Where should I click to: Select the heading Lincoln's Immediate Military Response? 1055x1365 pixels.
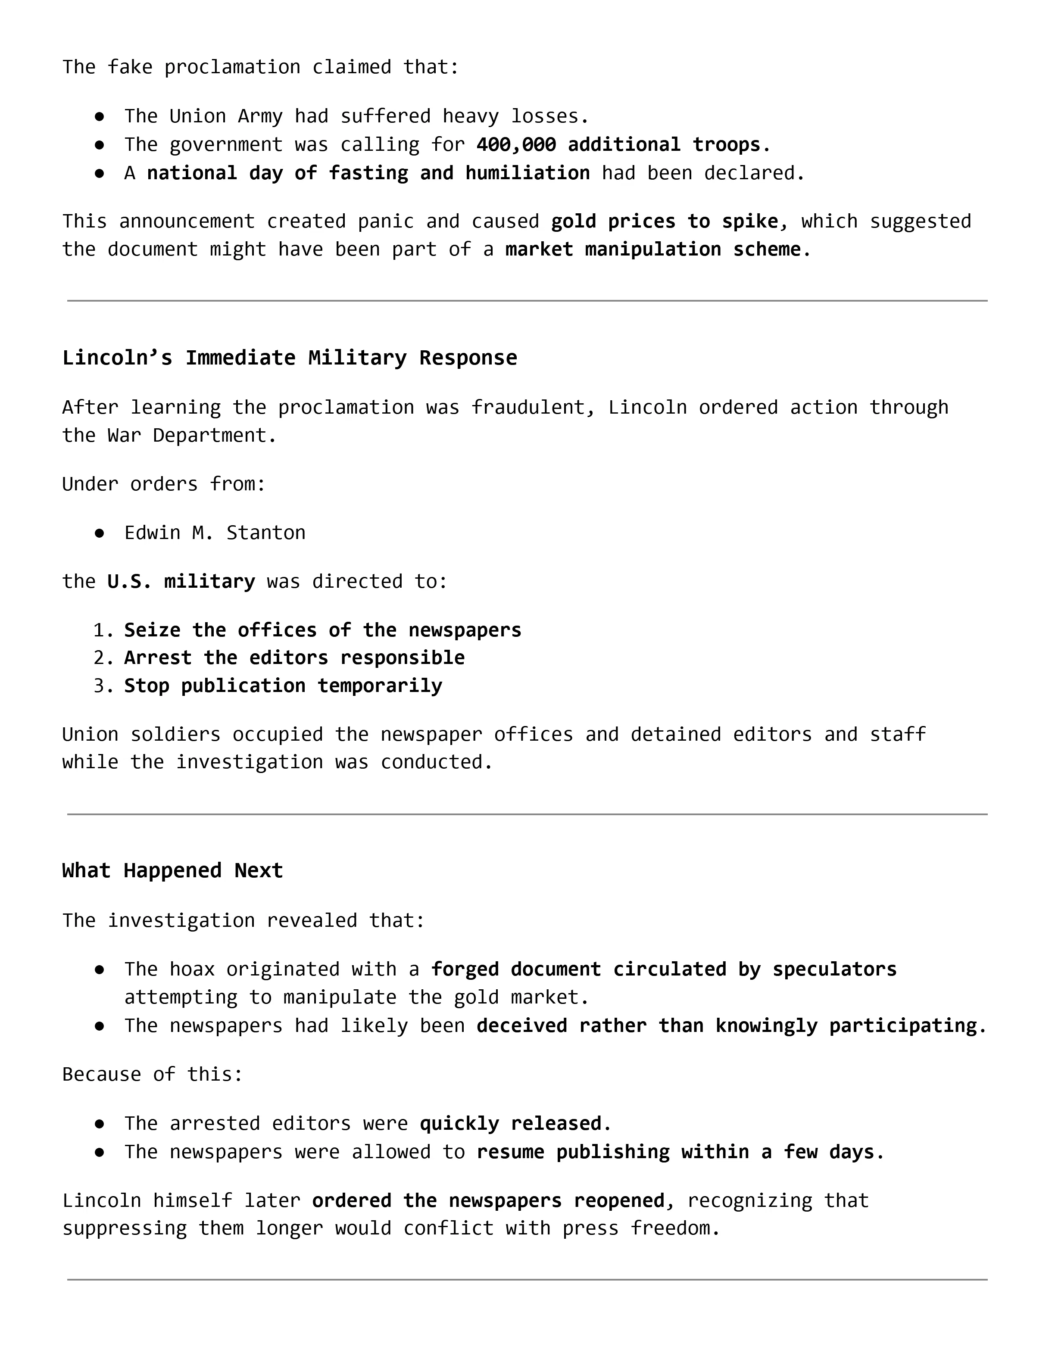click(x=289, y=358)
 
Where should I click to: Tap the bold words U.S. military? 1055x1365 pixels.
click(x=181, y=581)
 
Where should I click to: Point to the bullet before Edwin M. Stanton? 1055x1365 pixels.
click(x=100, y=533)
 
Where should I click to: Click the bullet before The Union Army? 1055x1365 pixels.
click(x=100, y=117)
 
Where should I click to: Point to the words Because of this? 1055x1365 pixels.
click(x=152, y=1074)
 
